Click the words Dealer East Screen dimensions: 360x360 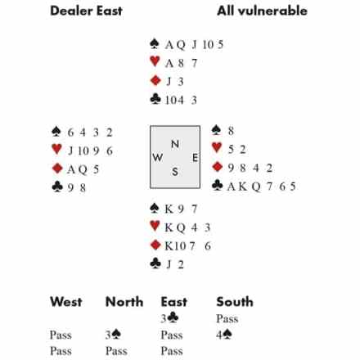[x=86, y=11]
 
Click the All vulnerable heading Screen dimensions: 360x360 [x=262, y=11]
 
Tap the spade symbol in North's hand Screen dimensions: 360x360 [x=155, y=43]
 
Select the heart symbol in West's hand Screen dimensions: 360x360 [x=56, y=149]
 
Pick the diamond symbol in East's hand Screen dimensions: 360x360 [x=218, y=167]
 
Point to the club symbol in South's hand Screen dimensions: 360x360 [x=155, y=263]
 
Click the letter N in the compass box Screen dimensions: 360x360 [x=175, y=144]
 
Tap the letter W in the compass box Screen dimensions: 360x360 [x=158, y=157]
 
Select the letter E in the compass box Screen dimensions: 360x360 [x=195, y=158]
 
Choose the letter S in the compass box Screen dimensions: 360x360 [x=175, y=172]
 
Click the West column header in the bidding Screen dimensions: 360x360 [x=66, y=302]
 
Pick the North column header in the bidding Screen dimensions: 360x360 [x=124, y=302]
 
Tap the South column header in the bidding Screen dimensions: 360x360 [x=235, y=302]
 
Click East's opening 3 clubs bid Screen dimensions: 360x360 [x=169, y=318]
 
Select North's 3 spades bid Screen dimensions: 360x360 [x=113, y=335]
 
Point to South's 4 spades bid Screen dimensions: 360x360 [x=224, y=335]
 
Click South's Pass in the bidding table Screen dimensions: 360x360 [x=227, y=318]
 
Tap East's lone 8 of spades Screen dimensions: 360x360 [x=231, y=131]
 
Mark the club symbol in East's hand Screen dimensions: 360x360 [x=217, y=185]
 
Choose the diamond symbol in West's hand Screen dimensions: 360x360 [x=57, y=169]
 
